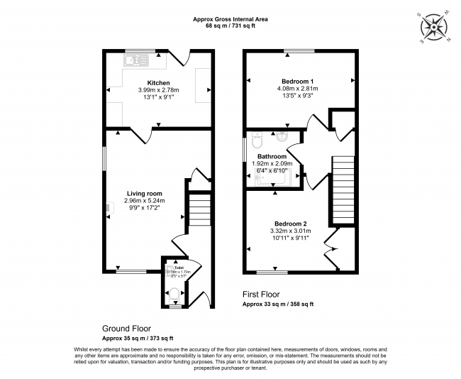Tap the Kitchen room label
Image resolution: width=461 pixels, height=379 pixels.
(158, 82)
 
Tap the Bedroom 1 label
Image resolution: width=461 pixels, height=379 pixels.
(299, 81)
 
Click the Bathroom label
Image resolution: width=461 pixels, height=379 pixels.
(272, 156)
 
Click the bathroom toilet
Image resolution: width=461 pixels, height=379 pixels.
(257, 138)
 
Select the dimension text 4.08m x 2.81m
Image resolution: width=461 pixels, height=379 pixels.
(299, 89)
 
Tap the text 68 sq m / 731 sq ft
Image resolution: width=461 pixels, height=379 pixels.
(230, 26)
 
